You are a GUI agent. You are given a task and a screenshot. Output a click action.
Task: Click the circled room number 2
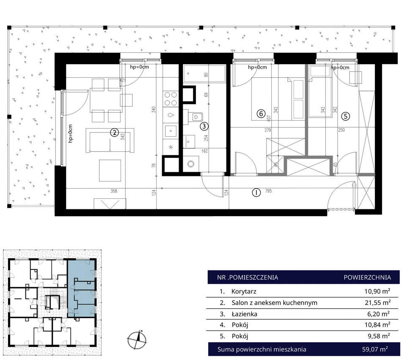point(114,132)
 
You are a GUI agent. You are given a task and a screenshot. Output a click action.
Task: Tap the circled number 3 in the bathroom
point(204,126)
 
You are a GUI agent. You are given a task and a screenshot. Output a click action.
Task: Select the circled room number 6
point(261,113)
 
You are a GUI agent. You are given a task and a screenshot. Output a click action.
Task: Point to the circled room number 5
point(346,117)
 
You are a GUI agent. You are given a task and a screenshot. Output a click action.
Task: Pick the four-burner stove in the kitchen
point(171,99)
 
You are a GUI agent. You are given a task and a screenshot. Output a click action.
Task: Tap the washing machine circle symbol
point(191,164)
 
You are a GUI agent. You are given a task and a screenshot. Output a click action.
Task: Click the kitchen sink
point(170,132)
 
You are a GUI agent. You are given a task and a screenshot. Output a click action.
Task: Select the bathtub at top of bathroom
point(204,74)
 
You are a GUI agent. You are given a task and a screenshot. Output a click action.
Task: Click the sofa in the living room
point(110,140)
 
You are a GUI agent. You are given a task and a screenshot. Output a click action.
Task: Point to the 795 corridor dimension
point(268,191)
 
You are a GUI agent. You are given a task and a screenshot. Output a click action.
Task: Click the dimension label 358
point(114,191)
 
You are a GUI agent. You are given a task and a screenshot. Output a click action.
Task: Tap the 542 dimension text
point(123,136)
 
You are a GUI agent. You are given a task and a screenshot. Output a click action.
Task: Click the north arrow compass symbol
point(137,340)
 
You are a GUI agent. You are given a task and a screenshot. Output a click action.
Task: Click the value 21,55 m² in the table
point(377,302)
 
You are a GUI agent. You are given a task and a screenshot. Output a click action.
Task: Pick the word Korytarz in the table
point(244,291)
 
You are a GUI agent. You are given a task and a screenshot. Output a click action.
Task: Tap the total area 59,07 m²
point(375,349)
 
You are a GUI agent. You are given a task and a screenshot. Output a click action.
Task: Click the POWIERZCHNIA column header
point(367,278)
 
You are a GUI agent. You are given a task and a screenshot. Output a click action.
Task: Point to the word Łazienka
point(244,314)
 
